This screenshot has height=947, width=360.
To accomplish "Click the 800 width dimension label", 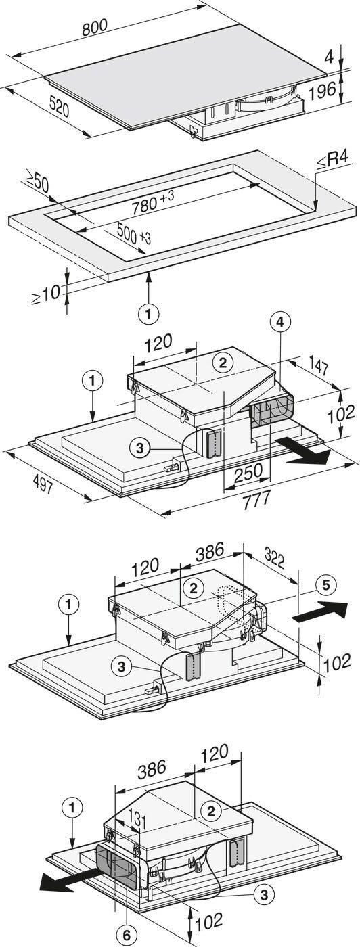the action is pyautogui.click(x=94, y=28).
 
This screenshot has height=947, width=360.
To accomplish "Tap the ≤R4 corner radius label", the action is pyautogui.click(x=334, y=160).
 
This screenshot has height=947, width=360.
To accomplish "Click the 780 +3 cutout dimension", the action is pyautogui.click(x=153, y=204).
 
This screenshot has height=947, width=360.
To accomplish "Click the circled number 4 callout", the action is pyautogui.click(x=282, y=323).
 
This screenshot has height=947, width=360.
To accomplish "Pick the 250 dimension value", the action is pyautogui.click(x=248, y=472).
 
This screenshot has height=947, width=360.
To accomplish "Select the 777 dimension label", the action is pyautogui.click(x=256, y=500).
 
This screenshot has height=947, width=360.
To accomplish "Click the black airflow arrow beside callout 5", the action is pyautogui.click(x=320, y=611).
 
